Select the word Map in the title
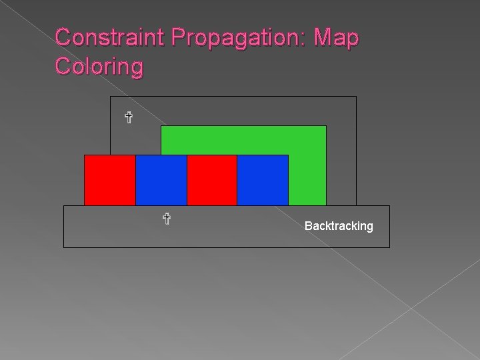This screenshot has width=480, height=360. point(337,37)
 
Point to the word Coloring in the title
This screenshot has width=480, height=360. point(99,67)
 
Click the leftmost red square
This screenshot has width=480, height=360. point(109,180)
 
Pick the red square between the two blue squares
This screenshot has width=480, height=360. point(212,180)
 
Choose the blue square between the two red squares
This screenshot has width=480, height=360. point(161,180)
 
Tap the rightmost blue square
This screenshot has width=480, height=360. point(263,180)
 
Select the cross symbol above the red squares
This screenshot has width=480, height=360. point(129,118)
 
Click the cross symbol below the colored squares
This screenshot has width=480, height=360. point(167,218)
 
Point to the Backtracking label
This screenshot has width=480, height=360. point(339,226)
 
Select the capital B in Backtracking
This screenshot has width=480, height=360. point(308,226)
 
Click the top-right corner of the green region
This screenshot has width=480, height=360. point(326,126)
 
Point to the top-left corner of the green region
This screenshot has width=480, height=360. point(161,126)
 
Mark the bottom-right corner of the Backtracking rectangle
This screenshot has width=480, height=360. point(389,247)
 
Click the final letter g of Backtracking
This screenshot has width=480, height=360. point(370,227)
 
